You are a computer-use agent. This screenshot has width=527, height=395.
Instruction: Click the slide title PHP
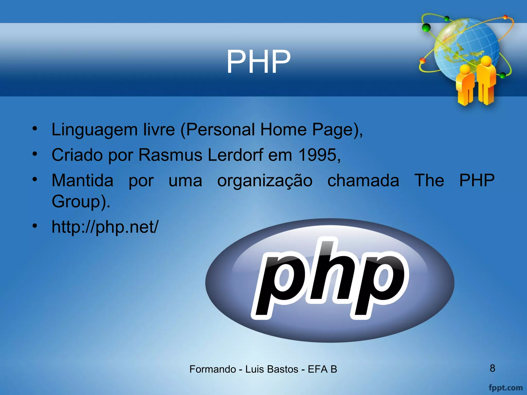coord(258,62)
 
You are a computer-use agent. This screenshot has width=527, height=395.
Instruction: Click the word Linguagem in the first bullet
coord(94,129)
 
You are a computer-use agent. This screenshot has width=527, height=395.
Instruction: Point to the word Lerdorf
coord(235,155)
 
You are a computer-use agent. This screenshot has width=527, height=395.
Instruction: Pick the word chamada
coord(363,181)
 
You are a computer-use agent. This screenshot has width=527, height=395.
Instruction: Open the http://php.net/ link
coord(105,227)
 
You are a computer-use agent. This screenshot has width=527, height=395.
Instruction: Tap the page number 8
coord(492,368)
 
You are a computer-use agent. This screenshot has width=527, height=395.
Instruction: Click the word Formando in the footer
coord(213,369)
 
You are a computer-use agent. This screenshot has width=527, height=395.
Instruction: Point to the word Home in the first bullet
coord(283,129)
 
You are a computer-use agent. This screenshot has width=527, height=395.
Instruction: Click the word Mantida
coord(82,181)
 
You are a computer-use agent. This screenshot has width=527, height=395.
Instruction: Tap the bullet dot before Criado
coord(35,154)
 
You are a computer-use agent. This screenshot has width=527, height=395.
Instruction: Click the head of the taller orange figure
coord(486,61)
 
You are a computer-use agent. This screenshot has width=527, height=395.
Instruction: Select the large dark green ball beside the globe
coord(426,27)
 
